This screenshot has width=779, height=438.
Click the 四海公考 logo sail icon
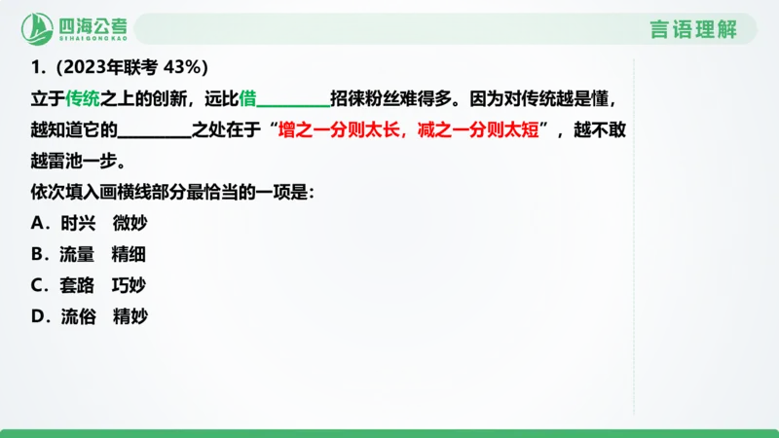pyautogui.click(x=38, y=29)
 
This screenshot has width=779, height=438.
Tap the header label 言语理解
pyautogui.click(x=693, y=29)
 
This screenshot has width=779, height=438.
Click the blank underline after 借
pyautogui.click(x=292, y=101)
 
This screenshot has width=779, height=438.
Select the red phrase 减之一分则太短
pyautogui.click(x=477, y=129)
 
